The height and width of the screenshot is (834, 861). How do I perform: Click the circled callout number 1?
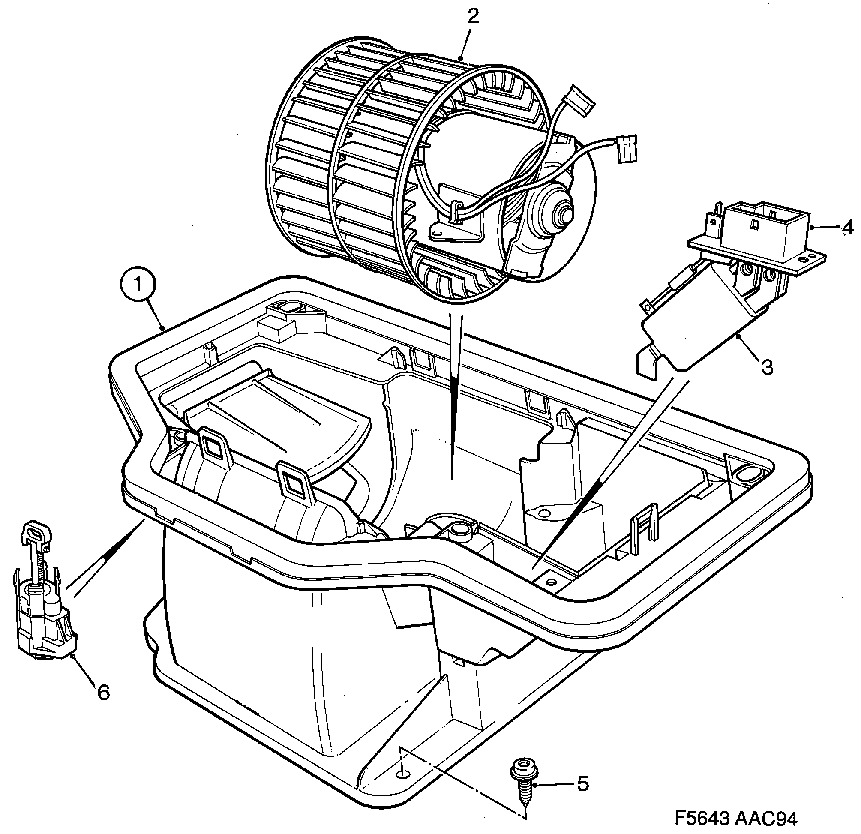[138, 285]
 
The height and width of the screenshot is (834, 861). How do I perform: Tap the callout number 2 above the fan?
[473, 16]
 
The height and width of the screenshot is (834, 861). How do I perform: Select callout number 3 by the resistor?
[767, 367]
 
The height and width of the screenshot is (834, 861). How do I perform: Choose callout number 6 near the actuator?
[103, 693]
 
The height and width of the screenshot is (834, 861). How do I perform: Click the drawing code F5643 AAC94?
[735, 819]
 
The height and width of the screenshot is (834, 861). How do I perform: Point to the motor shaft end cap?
[565, 214]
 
